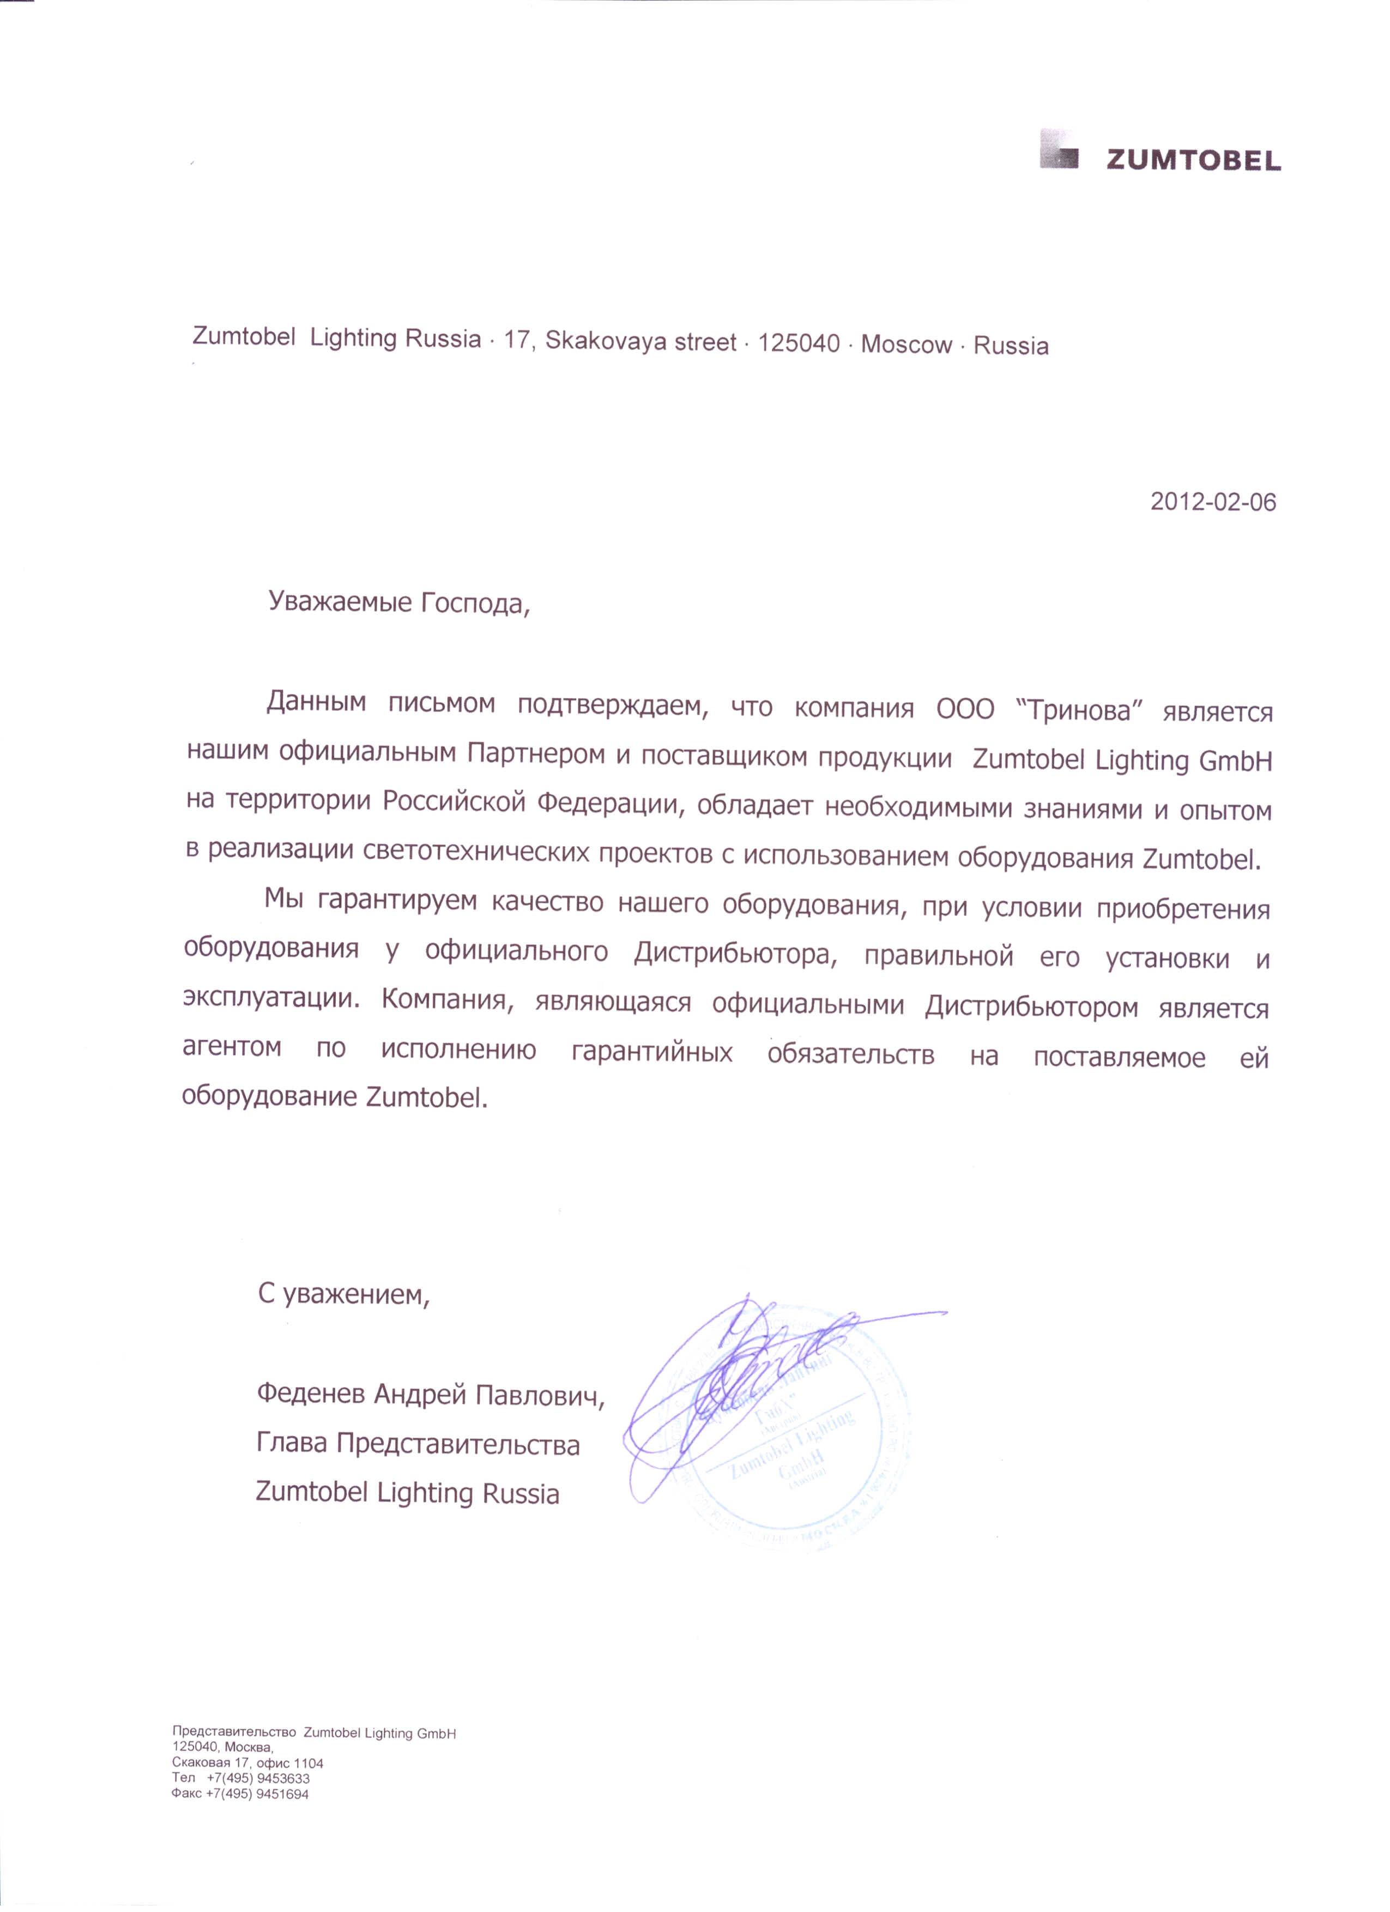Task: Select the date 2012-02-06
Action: [x=1213, y=503]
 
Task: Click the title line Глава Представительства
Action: [x=418, y=1444]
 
